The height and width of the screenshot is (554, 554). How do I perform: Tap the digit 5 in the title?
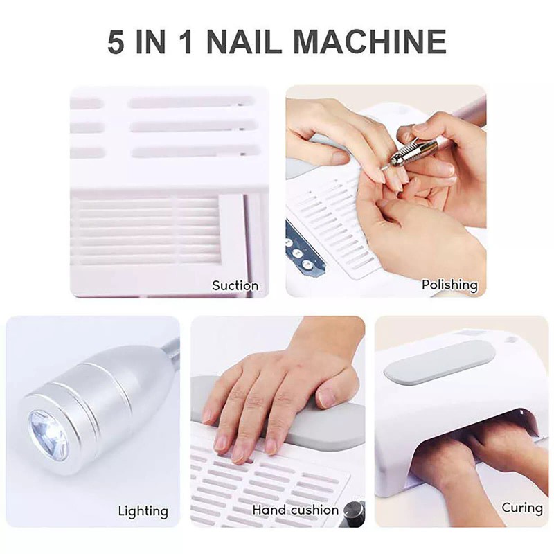pos(116,42)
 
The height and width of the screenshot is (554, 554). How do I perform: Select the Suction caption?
pos(235,285)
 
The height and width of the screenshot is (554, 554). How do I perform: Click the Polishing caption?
pos(449,285)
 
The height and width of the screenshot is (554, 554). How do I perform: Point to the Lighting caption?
pos(143,511)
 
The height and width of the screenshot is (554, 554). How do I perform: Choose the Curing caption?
pos(522,508)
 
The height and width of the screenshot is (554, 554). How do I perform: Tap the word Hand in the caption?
pos(269,510)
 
